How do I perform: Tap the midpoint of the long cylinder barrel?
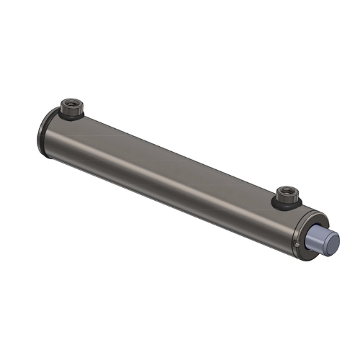173,180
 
